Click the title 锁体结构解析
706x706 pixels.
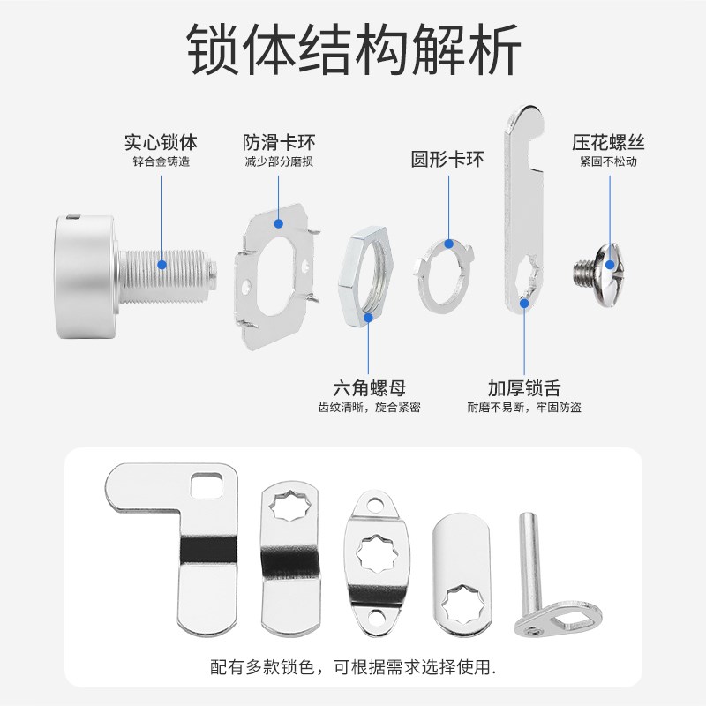[x=353, y=50]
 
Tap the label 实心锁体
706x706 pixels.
[x=161, y=141]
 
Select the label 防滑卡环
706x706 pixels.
[x=279, y=141]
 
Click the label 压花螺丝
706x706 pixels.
[x=608, y=141]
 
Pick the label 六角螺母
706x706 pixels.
[x=370, y=387]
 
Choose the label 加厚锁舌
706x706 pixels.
[x=524, y=387]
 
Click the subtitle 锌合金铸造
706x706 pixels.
[x=161, y=162]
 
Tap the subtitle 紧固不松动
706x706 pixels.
[x=608, y=162]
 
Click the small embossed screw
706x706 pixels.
[x=600, y=264]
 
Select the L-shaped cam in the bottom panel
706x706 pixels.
[x=185, y=547]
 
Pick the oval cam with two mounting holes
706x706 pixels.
[x=379, y=558]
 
